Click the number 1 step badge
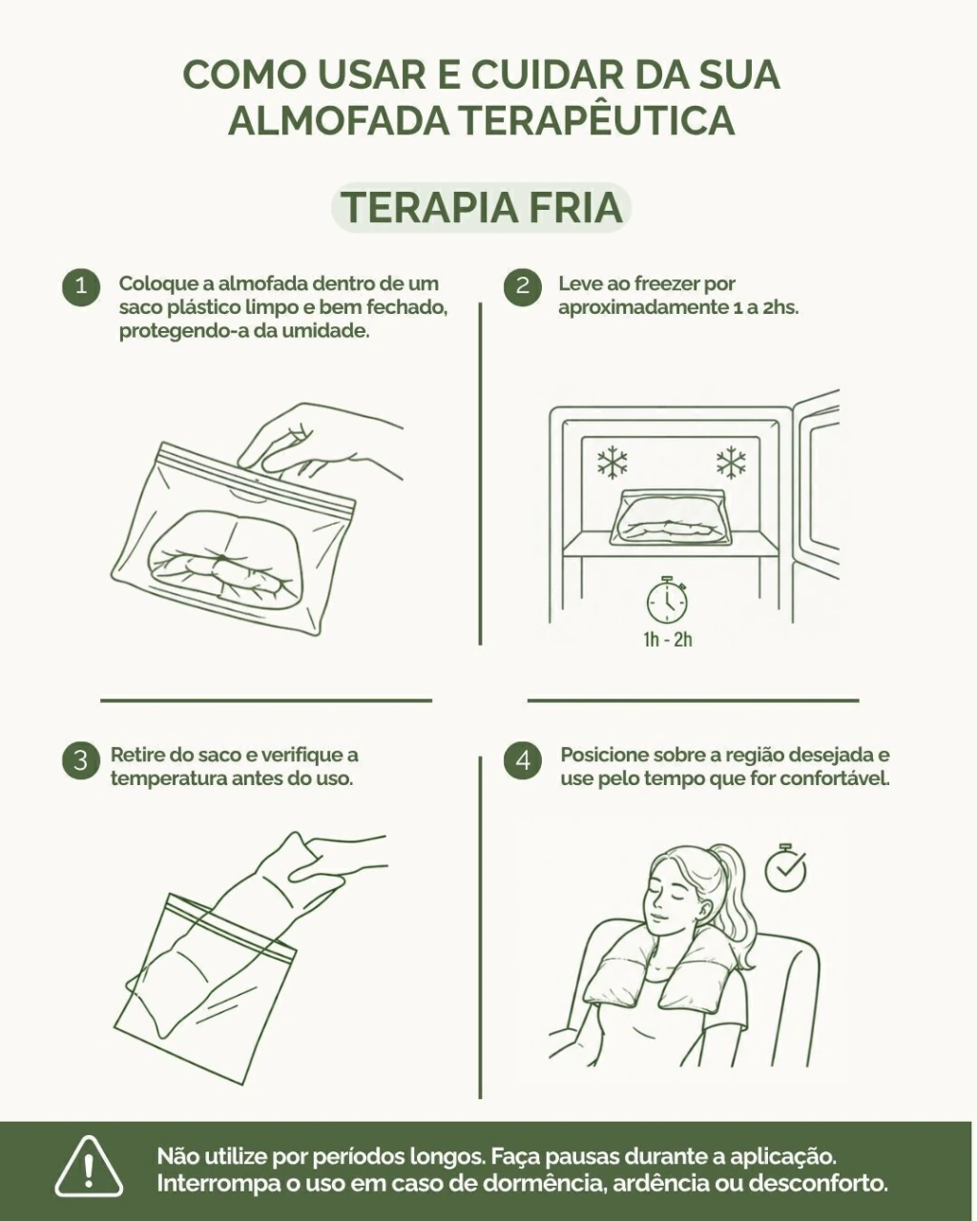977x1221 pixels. click(81, 286)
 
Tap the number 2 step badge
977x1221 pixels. click(522, 286)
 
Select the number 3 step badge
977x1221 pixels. click(81, 759)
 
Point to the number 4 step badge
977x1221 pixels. click(522, 759)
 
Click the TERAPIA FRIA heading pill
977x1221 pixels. click(482, 208)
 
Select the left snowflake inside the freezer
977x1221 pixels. click(612, 463)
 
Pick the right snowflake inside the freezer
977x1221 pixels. click(731, 463)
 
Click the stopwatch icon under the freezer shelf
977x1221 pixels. click(667, 599)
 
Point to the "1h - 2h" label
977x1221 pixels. click(668, 639)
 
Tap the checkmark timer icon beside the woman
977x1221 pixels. click(785, 867)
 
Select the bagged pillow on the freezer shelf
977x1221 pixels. click(668, 517)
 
